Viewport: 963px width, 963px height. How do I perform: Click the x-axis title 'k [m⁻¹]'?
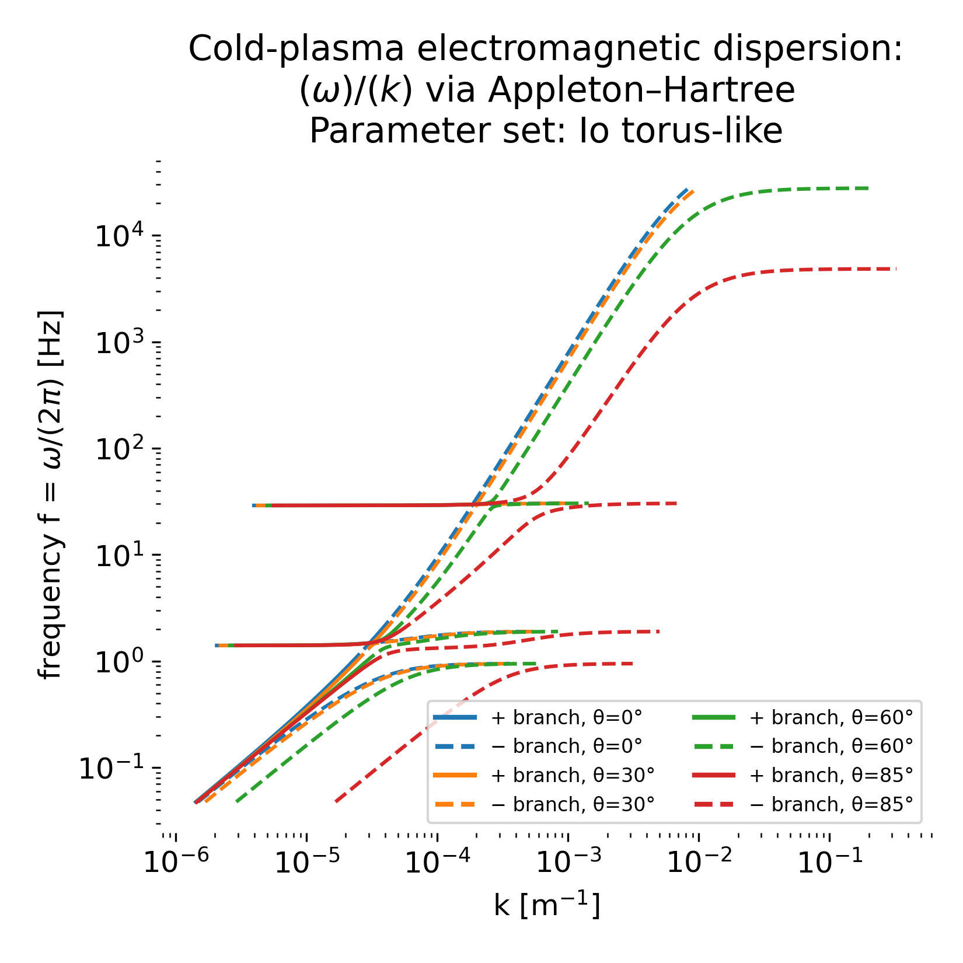tap(547, 906)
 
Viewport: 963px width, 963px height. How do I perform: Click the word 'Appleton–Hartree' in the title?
tap(641, 90)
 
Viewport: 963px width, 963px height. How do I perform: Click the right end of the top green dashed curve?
tap(868, 188)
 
